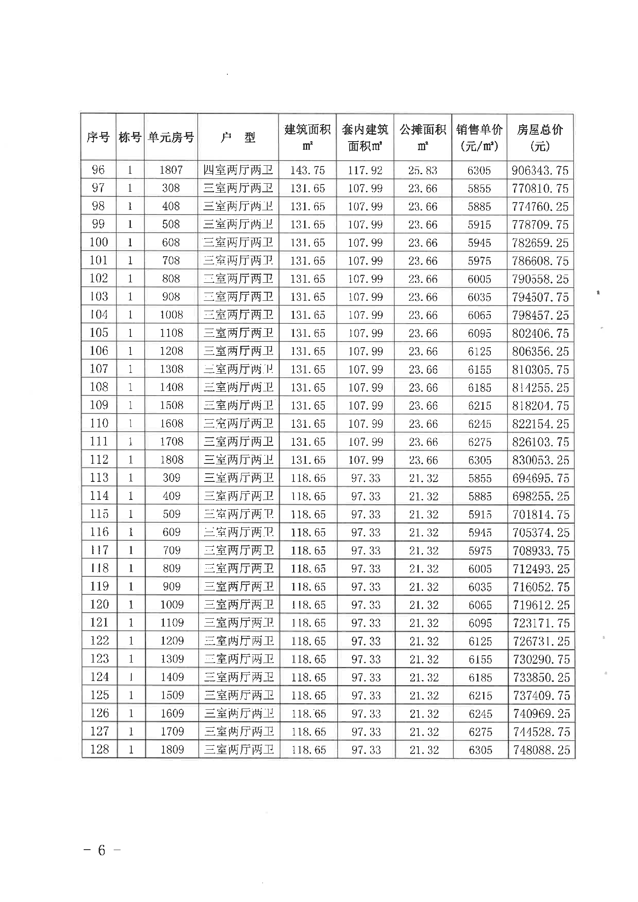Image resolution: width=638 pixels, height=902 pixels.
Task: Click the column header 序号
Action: point(98,137)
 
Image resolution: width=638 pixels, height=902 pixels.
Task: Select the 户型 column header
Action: point(238,137)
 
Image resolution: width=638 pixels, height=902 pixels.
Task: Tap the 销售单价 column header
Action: point(479,137)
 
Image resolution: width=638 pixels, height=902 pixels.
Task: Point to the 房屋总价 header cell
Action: point(540,137)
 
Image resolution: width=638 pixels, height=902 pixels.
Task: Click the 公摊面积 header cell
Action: point(423,137)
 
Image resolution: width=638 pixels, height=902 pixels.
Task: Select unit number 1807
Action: point(171,170)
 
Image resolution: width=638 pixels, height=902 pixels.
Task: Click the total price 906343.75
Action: point(540,170)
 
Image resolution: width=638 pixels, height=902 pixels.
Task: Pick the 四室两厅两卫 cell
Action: point(238,170)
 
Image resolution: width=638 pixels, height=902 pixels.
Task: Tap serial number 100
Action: point(99,242)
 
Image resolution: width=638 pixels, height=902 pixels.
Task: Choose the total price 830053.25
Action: point(541,460)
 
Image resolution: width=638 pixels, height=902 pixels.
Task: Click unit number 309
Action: point(172,478)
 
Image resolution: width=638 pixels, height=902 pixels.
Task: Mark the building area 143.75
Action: point(308,170)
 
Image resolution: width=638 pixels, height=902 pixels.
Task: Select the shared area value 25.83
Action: point(423,170)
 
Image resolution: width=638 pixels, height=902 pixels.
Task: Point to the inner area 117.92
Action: point(365,170)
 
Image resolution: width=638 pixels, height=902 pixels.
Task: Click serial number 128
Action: point(100,749)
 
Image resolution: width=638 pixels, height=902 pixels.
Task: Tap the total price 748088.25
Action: point(541,750)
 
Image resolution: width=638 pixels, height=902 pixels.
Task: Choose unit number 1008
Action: point(172,315)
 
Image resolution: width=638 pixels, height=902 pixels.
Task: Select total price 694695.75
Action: point(541,478)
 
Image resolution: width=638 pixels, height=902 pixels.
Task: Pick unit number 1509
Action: point(172,695)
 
